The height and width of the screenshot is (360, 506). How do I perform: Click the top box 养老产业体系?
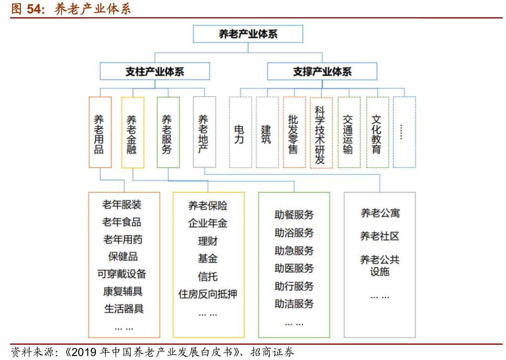click(248, 34)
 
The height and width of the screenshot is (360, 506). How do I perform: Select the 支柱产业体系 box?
click(155, 72)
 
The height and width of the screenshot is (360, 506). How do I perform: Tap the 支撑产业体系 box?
click(322, 72)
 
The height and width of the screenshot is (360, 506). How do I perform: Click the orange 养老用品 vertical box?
click(100, 132)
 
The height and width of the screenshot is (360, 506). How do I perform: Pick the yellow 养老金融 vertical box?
click(133, 133)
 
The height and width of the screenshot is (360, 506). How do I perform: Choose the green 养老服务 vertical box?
click(168, 132)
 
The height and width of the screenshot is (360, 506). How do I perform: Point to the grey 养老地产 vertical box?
click(205, 132)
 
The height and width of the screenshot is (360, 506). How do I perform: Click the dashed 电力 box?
click(240, 132)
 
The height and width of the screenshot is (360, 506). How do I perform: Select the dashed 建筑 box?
click(267, 132)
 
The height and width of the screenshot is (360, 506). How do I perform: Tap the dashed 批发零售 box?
click(294, 132)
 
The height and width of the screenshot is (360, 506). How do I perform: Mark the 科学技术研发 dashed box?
click(321, 133)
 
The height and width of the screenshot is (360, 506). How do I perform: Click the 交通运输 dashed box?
click(349, 132)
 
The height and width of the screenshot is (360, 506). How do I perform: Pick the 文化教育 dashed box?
click(377, 132)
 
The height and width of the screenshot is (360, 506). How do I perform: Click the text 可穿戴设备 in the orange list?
click(122, 274)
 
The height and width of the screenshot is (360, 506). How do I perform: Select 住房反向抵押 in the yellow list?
click(208, 294)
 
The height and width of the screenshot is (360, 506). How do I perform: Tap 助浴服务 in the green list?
click(294, 232)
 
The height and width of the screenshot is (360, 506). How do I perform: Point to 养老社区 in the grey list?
click(379, 236)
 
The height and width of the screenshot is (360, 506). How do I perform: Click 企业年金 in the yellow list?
click(208, 223)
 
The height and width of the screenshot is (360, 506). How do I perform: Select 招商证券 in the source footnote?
click(272, 352)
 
